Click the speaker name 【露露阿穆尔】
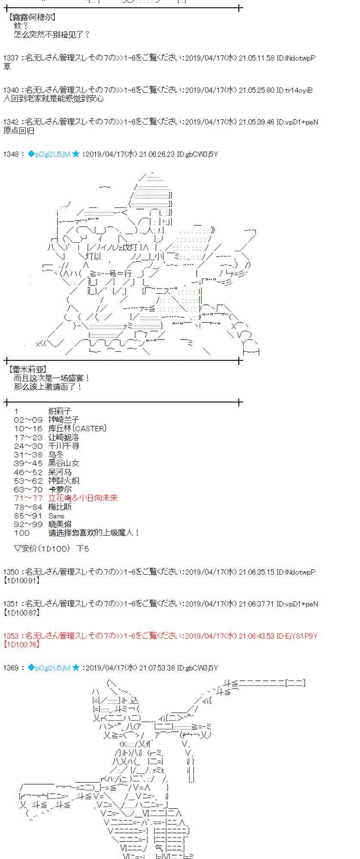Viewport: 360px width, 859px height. click(32, 18)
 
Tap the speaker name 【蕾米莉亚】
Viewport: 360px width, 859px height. click(28, 369)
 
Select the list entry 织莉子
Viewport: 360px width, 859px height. click(60, 411)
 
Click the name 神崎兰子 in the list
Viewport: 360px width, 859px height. click(64, 420)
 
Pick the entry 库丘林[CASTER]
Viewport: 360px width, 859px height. click(77, 428)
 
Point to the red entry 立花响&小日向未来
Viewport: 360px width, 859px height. click(83, 498)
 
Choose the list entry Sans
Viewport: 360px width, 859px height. click(56, 516)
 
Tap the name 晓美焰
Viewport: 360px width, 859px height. click(60, 524)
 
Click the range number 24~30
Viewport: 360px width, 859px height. click(28, 446)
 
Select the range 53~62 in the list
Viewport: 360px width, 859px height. click(28, 481)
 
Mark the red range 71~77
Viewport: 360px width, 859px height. click(28, 498)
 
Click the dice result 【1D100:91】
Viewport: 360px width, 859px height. click(22, 580)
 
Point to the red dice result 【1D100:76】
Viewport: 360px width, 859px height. click(22, 644)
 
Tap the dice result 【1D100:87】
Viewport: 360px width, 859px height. click(22, 612)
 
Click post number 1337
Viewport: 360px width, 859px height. click(11, 58)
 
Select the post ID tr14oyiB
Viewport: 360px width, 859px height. click(299, 90)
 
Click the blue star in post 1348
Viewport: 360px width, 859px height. click(76, 154)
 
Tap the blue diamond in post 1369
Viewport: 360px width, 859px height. click(31, 667)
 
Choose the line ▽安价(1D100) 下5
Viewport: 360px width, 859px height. click(52, 548)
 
